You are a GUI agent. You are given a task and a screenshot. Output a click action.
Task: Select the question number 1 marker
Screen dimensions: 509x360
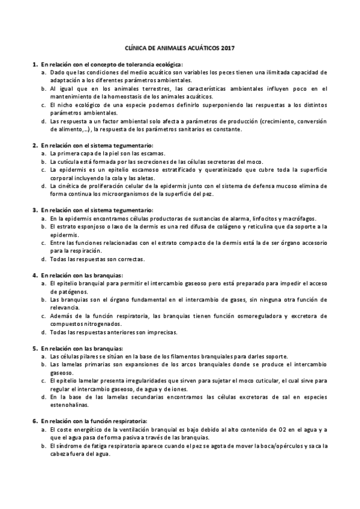(x=34, y=64)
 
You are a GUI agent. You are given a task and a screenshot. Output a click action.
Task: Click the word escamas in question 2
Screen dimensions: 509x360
(x=153, y=153)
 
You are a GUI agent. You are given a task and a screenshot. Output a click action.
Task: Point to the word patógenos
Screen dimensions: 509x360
(x=63, y=291)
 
